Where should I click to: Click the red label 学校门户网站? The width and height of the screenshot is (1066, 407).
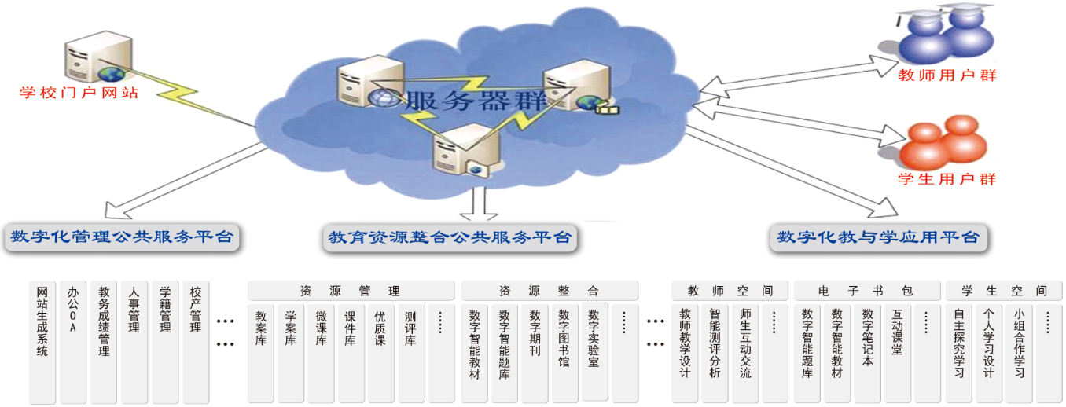[x=79, y=93]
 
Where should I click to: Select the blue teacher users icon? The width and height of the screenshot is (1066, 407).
[x=947, y=36]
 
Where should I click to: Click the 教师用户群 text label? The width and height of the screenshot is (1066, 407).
[x=947, y=76]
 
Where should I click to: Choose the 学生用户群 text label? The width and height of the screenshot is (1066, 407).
[x=947, y=179]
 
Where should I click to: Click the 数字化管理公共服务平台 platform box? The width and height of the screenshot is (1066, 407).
[x=122, y=236]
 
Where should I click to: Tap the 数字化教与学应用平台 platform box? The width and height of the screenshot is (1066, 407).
[x=877, y=237]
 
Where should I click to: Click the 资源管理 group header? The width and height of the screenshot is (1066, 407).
[x=351, y=291]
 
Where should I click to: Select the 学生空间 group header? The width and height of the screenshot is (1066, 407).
[x=1002, y=291]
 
